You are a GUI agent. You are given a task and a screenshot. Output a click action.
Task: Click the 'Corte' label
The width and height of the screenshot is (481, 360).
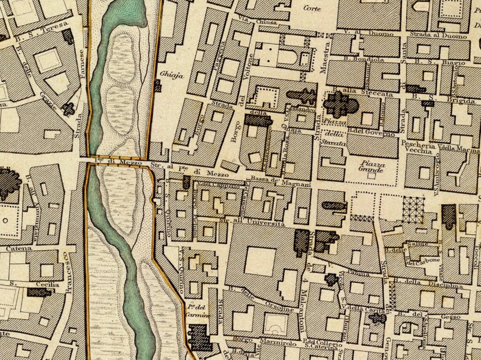click(x=312, y=8)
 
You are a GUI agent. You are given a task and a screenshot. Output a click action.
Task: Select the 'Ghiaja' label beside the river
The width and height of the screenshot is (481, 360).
click(x=166, y=75)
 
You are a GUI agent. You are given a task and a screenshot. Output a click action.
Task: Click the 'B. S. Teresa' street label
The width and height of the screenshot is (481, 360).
click(x=41, y=32)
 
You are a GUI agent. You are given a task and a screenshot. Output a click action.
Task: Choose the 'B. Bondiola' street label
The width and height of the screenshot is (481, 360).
click(x=357, y=60)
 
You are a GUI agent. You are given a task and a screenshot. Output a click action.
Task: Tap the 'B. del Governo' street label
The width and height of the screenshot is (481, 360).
click(x=371, y=134)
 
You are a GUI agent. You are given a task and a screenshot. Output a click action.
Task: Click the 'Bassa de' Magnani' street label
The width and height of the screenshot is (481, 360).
click(x=275, y=181)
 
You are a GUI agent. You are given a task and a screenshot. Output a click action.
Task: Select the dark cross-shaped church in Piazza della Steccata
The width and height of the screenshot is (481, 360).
click(x=340, y=104)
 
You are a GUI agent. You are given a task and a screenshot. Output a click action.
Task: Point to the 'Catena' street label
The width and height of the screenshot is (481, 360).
click(x=19, y=249)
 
